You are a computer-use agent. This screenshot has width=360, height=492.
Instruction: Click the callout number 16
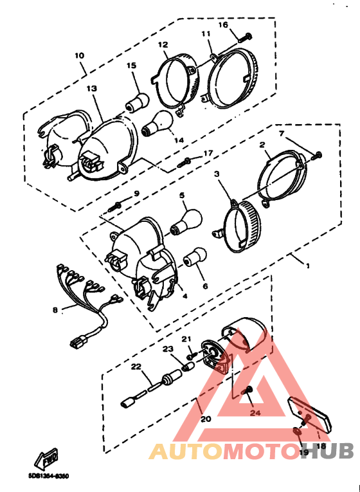tap(223, 25)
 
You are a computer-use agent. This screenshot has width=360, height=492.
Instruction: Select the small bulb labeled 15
tap(136, 102)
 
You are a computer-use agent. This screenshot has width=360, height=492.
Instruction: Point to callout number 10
tap(79, 56)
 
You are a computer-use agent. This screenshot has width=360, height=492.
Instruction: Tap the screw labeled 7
tap(316, 155)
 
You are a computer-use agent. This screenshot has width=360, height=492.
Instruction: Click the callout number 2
tap(262, 146)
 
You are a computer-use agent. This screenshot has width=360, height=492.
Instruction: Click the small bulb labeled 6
tap(194, 259)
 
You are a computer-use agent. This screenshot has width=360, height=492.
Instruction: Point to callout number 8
tap(55, 309)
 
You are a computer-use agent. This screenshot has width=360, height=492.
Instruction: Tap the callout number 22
tap(136, 367)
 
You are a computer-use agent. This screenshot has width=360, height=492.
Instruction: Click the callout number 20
tap(206, 419)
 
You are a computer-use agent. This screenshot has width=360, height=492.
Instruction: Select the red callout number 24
tap(255, 413)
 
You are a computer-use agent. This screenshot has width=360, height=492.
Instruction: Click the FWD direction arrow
tap(47, 459)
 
